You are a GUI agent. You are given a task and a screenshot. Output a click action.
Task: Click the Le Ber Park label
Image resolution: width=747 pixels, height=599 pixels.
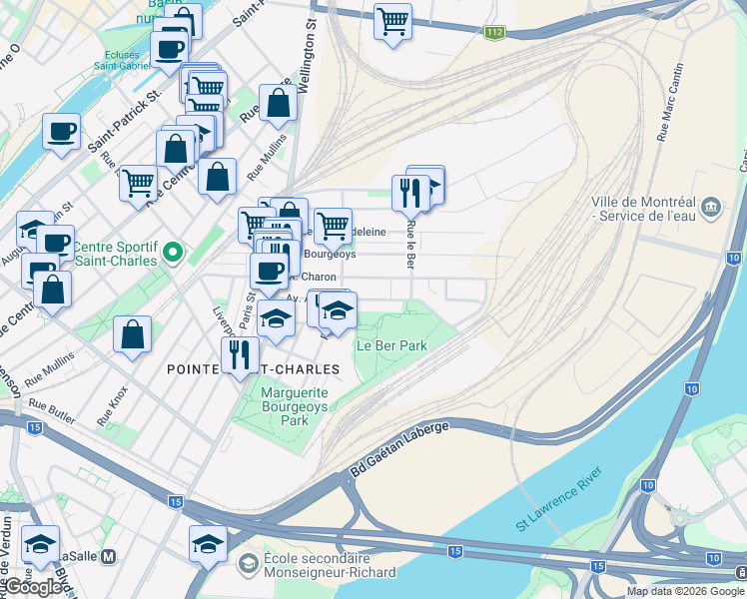(x=391, y=345)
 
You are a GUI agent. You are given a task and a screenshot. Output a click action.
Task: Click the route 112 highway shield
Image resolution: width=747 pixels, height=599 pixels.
(x=494, y=33)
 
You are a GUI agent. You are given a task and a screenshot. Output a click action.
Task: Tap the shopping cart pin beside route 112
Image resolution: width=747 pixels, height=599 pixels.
(x=392, y=20)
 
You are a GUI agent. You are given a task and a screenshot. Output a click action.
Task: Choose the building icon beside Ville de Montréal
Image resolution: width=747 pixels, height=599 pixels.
(x=711, y=207)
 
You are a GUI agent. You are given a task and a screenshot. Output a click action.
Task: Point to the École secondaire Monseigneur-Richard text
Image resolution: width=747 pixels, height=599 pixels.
(x=329, y=565)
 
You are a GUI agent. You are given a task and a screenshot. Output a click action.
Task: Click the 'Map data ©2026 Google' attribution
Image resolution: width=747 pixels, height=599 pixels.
(x=685, y=591)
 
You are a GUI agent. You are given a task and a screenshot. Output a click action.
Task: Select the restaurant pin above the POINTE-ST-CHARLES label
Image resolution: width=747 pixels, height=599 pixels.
(x=240, y=352)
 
